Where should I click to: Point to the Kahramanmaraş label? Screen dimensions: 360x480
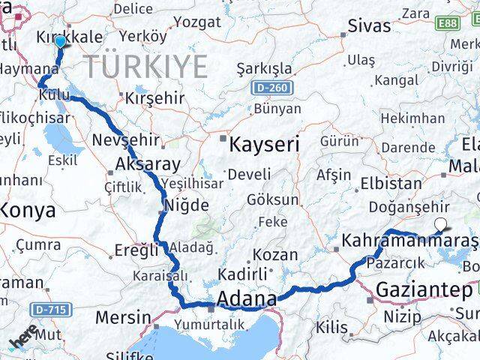(x=409, y=241)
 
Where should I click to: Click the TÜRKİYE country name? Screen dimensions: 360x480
(x=145, y=67)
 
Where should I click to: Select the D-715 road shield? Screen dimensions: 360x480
(x=49, y=308)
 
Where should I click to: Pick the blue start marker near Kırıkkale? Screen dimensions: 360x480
(x=60, y=42)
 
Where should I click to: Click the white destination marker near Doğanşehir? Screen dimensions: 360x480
(x=441, y=223)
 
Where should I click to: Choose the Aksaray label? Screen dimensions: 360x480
(x=147, y=165)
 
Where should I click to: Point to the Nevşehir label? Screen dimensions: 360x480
(x=125, y=140)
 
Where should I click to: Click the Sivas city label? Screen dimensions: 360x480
(x=368, y=25)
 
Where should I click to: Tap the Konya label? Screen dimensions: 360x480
(x=27, y=211)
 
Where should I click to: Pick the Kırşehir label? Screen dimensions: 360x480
(x=154, y=98)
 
